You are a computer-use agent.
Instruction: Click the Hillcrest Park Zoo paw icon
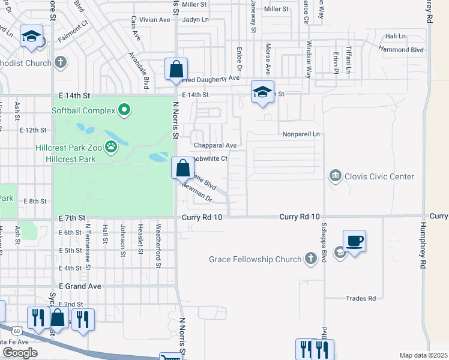[110, 146]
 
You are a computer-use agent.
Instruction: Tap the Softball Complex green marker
[124, 110]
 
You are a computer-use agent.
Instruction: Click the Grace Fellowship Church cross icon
[310, 259]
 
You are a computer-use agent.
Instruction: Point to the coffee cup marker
[354, 241]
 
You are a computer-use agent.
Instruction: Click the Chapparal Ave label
[215, 145]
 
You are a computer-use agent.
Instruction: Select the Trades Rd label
[361, 298]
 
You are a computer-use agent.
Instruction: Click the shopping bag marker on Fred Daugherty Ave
[176, 69]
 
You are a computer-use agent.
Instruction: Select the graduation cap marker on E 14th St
[262, 92]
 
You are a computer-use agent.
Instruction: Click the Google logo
[19, 353]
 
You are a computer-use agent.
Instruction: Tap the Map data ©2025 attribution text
[423, 355]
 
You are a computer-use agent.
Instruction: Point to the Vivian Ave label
[155, 20]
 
